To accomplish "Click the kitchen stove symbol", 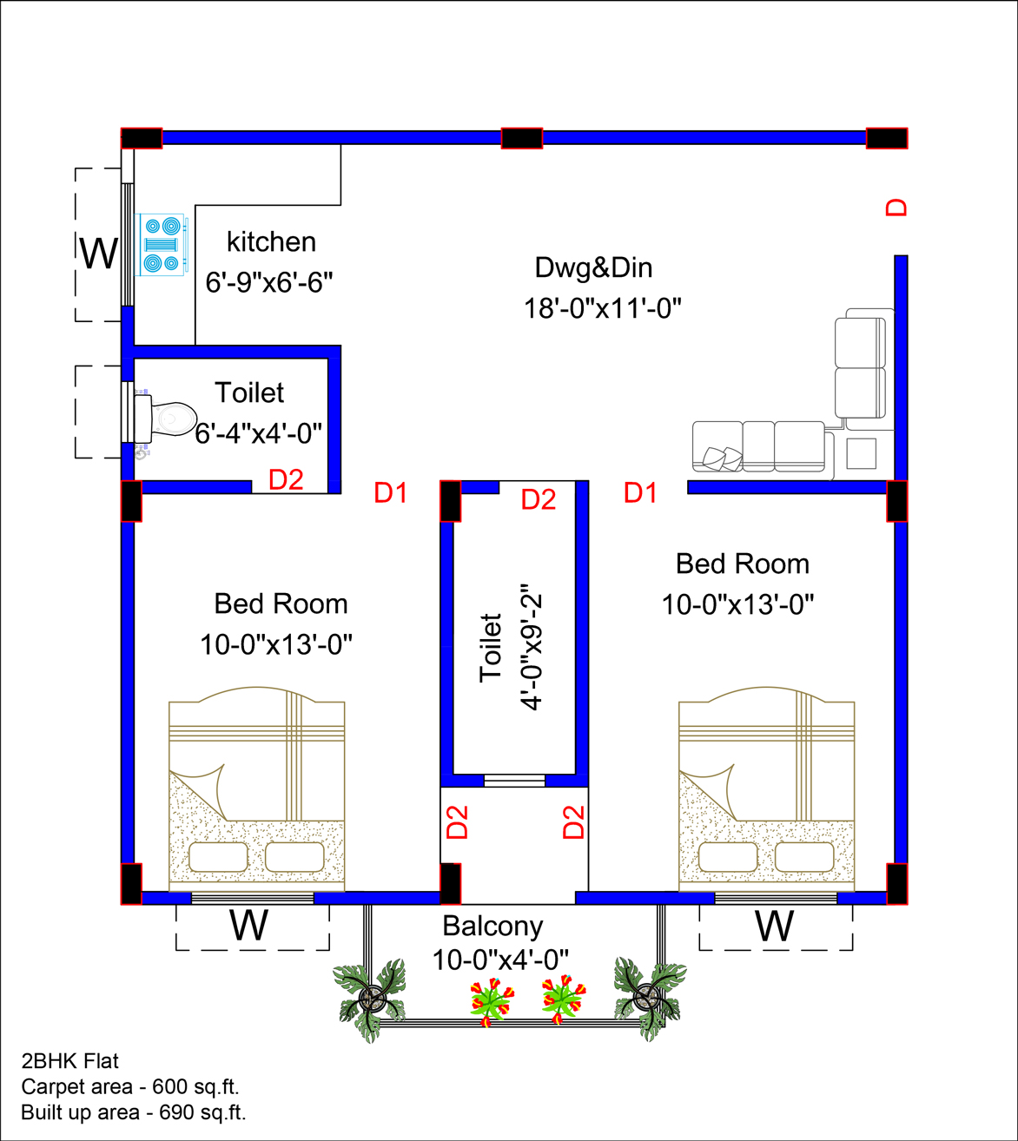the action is [161, 244].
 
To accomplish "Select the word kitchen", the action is [271, 242].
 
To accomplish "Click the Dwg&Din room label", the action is [593, 267].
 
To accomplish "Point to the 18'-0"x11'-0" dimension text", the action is [602, 308].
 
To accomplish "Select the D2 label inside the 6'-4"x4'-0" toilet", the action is [286, 480].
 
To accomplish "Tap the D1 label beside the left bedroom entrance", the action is [390, 493].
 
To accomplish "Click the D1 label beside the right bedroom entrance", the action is [640, 493].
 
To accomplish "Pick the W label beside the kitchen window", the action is [99, 253].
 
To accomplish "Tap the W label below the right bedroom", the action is [774, 926].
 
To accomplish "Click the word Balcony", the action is [492, 926].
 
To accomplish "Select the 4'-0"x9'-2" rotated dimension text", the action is [531, 647].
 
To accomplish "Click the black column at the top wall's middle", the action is [522, 138].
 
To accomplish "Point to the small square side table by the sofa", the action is [861, 453].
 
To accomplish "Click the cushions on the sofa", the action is [723, 458].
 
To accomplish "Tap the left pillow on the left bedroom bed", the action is [218, 856].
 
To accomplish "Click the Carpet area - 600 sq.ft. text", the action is [130, 1086].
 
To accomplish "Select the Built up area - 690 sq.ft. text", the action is [134, 1112].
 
